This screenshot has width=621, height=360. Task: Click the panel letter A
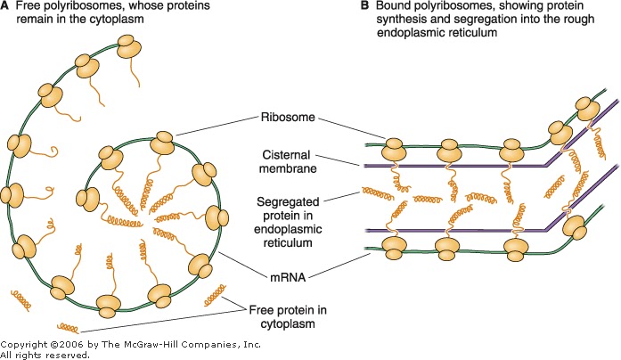[7, 7]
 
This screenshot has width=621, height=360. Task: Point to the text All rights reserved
[45, 354]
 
